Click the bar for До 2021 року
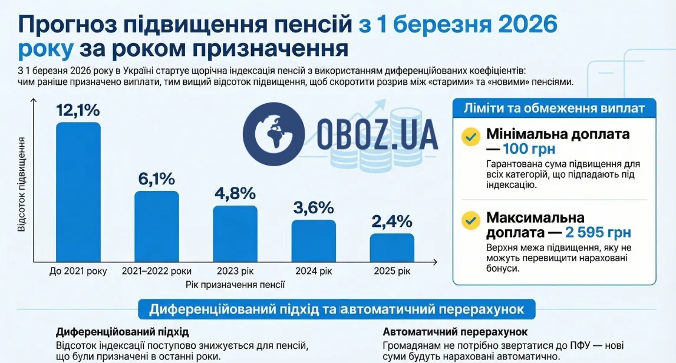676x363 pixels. pos(78,192)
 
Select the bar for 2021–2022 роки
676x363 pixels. pos(157,226)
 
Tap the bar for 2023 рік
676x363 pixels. pos(235,233)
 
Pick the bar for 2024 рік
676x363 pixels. pos(314,240)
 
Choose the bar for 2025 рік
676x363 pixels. pos(392,247)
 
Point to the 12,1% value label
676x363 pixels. pos(78,110)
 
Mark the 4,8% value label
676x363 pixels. pos(235,193)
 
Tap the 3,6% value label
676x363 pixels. pos(314,207)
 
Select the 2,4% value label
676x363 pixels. pos(392,222)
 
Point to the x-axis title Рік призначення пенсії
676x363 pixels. pos(235,285)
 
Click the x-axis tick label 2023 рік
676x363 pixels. pos(235,272)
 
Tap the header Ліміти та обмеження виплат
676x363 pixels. pos(554,108)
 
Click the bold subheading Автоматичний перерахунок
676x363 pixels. pos(455,332)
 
